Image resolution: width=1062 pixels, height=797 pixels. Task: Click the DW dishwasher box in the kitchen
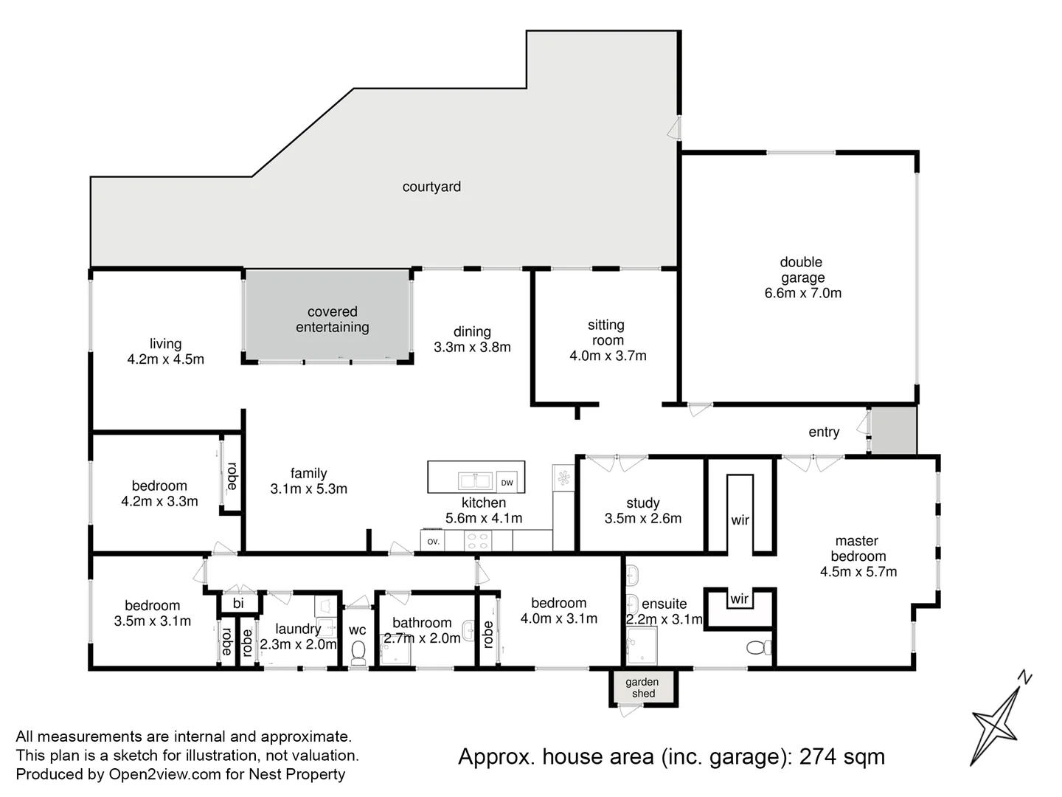click(x=507, y=482)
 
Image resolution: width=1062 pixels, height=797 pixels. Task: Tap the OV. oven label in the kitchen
click(x=433, y=542)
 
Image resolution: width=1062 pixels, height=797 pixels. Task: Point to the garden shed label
click(x=642, y=687)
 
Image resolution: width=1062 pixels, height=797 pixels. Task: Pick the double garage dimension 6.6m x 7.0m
click(x=802, y=293)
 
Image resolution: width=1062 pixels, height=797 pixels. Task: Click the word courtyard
click(x=431, y=186)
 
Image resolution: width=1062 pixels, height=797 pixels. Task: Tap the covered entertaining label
click(x=333, y=320)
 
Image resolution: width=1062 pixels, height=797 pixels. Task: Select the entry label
click(x=824, y=432)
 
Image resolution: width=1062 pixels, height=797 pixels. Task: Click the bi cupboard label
click(x=238, y=603)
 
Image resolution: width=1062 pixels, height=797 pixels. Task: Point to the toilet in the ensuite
click(x=759, y=647)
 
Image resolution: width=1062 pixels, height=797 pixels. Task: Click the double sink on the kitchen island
click(x=475, y=481)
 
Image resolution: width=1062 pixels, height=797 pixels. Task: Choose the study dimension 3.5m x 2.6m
click(x=643, y=518)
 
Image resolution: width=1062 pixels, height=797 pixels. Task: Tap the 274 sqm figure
click(x=842, y=756)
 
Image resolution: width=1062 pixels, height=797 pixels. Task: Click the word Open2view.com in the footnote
click(x=164, y=774)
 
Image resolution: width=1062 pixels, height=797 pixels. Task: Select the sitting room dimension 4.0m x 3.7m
click(x=608, y=356)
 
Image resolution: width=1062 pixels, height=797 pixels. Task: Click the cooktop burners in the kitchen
click(x=478, y=540)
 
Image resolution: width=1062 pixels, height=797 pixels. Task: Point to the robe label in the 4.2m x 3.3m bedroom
click(x=232, y=476)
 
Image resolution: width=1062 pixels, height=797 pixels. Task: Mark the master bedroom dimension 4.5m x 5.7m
click(x=858, y=571)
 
